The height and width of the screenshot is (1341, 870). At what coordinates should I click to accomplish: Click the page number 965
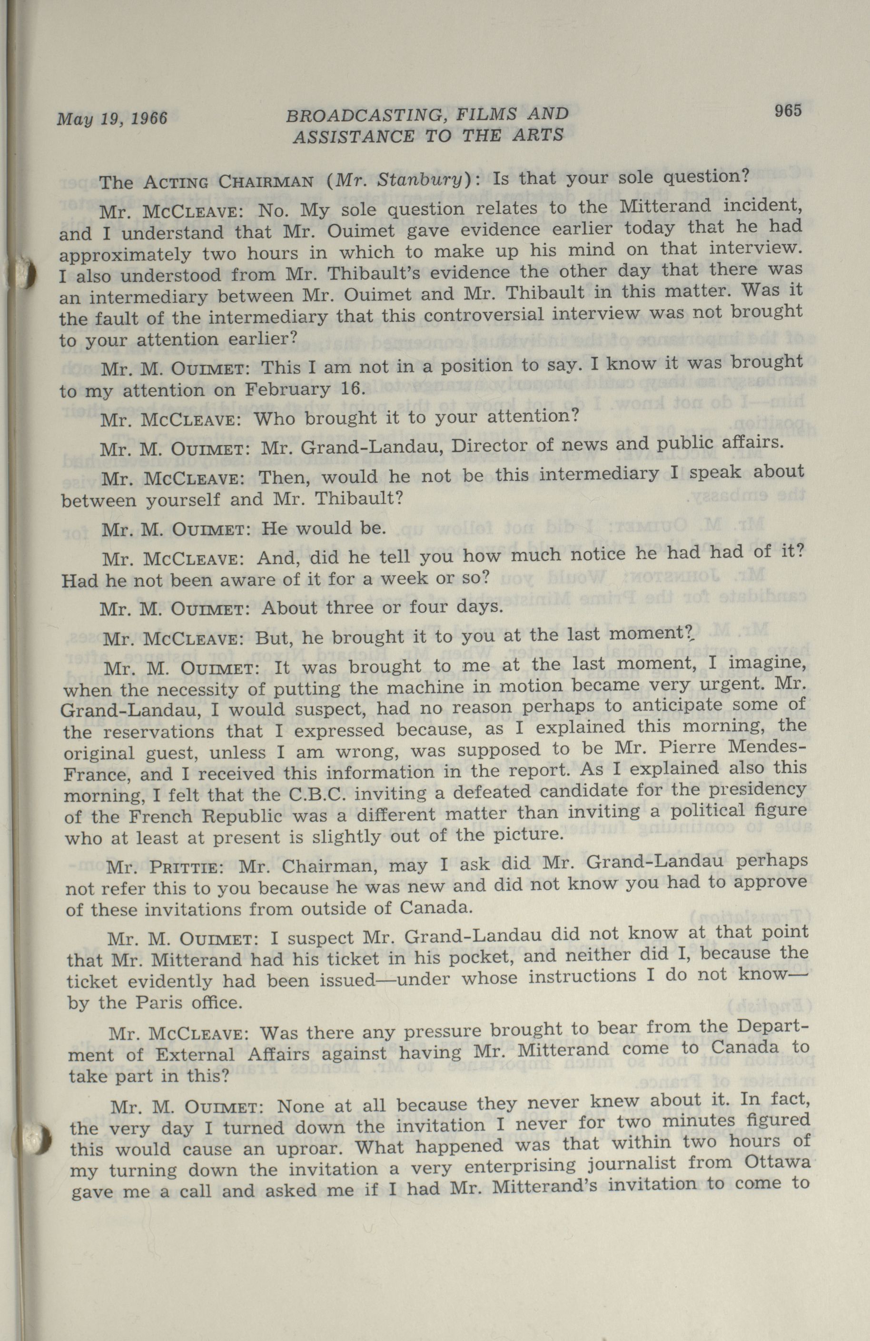tap(787, 111)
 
